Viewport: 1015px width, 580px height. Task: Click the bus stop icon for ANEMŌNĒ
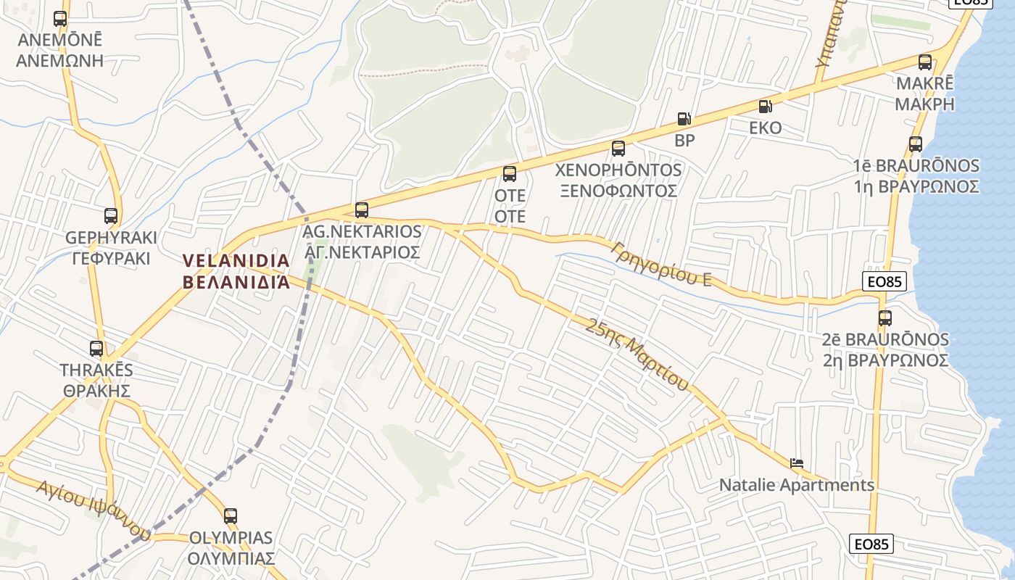coord(60,19)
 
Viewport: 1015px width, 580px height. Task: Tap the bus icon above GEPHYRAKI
coord(111,215)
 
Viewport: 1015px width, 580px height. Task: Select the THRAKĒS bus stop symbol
coord(96,348)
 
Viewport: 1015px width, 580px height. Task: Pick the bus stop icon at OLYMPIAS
coord(231,516)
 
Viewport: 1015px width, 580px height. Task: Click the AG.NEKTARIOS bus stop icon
coord(362,210)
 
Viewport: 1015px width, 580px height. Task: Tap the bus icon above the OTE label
coord(510,174)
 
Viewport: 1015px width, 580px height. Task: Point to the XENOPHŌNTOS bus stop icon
coord(618,149)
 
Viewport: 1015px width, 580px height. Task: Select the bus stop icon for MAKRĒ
coord(925,62)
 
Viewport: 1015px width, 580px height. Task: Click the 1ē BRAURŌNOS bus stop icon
coord(916,144)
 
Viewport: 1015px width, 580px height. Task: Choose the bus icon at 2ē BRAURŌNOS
coord(884,318)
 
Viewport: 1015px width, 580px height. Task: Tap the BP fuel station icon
coord(684,119)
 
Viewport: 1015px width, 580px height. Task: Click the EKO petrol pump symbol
coord(765,107)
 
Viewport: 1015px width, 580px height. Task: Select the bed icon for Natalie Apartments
coord(797,463)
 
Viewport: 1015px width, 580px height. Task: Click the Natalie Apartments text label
coord(797,485)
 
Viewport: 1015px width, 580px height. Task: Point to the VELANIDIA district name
coord(236,271)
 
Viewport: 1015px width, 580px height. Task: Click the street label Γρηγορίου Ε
coord(660,262)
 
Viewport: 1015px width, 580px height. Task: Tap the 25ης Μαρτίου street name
coord(637,354)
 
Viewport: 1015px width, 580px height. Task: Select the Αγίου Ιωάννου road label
coord(94,510)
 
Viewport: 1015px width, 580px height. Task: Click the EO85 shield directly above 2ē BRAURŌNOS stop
coord(885,281)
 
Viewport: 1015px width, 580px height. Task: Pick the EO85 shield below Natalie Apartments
coord(871,544)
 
